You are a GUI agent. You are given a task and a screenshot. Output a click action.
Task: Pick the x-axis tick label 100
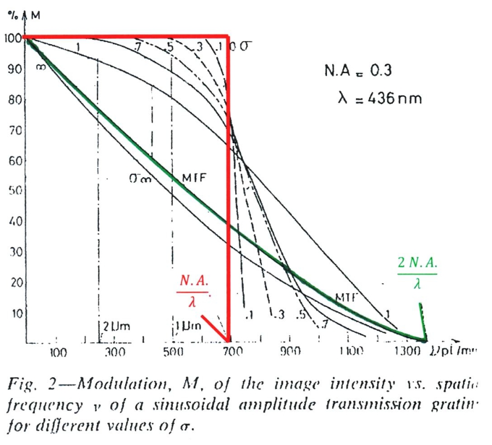pyautogui.click(x=58, y=353)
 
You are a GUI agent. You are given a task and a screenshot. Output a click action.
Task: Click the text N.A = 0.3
pyautogui.click(x=358, y=71)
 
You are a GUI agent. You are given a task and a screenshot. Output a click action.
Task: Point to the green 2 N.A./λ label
pyautogui.click(x=418, y=273)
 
